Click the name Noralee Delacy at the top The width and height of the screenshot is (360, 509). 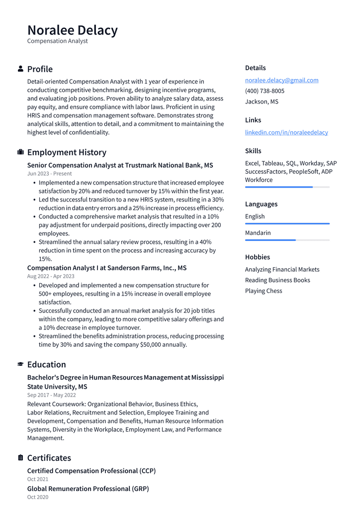click(x=73, y=30)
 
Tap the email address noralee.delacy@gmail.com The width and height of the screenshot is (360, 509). click(x=281, y=80)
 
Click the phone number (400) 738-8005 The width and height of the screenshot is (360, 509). click(x=265, y=91)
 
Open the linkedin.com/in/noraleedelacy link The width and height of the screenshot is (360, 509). click(x=286, y=132)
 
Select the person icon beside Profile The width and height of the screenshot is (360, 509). click(x=20, y=69)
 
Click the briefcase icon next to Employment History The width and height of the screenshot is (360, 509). click(x=20, y=152)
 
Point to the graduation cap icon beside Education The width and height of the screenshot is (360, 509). click(x=20, y=364)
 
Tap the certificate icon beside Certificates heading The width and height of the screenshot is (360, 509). click(x=20, y=458)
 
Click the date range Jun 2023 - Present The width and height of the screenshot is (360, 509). click(x=49, y=174)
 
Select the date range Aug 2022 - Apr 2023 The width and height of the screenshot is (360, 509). click(x=51, y=276)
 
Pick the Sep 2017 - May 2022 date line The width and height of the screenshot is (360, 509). click(x=52, y=395)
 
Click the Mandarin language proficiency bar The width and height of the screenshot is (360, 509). click(x=287, y=240)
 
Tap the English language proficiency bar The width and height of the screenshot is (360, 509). click(x=287, y=223)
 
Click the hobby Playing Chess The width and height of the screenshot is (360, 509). click(x=263, y=291)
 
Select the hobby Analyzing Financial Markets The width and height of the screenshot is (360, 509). click(x=282, y=270)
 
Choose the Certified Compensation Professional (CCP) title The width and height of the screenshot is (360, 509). click(x=91, y=471)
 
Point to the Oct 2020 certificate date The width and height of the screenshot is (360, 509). click(x=38, y=497)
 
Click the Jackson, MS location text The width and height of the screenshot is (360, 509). click(x=262, y=102)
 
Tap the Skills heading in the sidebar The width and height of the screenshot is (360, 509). click(x=253, y=151)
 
